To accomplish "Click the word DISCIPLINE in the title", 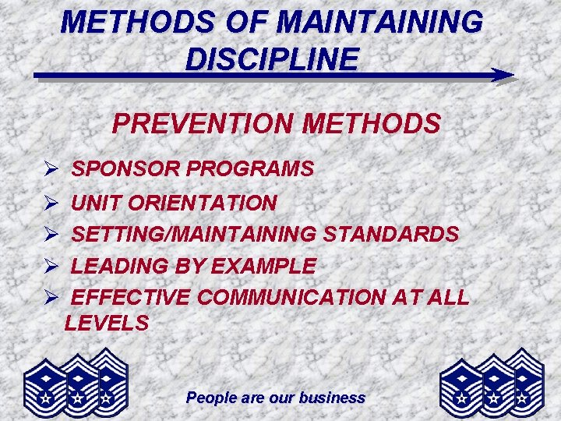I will (272, 58).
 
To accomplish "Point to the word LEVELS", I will (107, 323).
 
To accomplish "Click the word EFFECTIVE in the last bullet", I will (130, 297).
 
